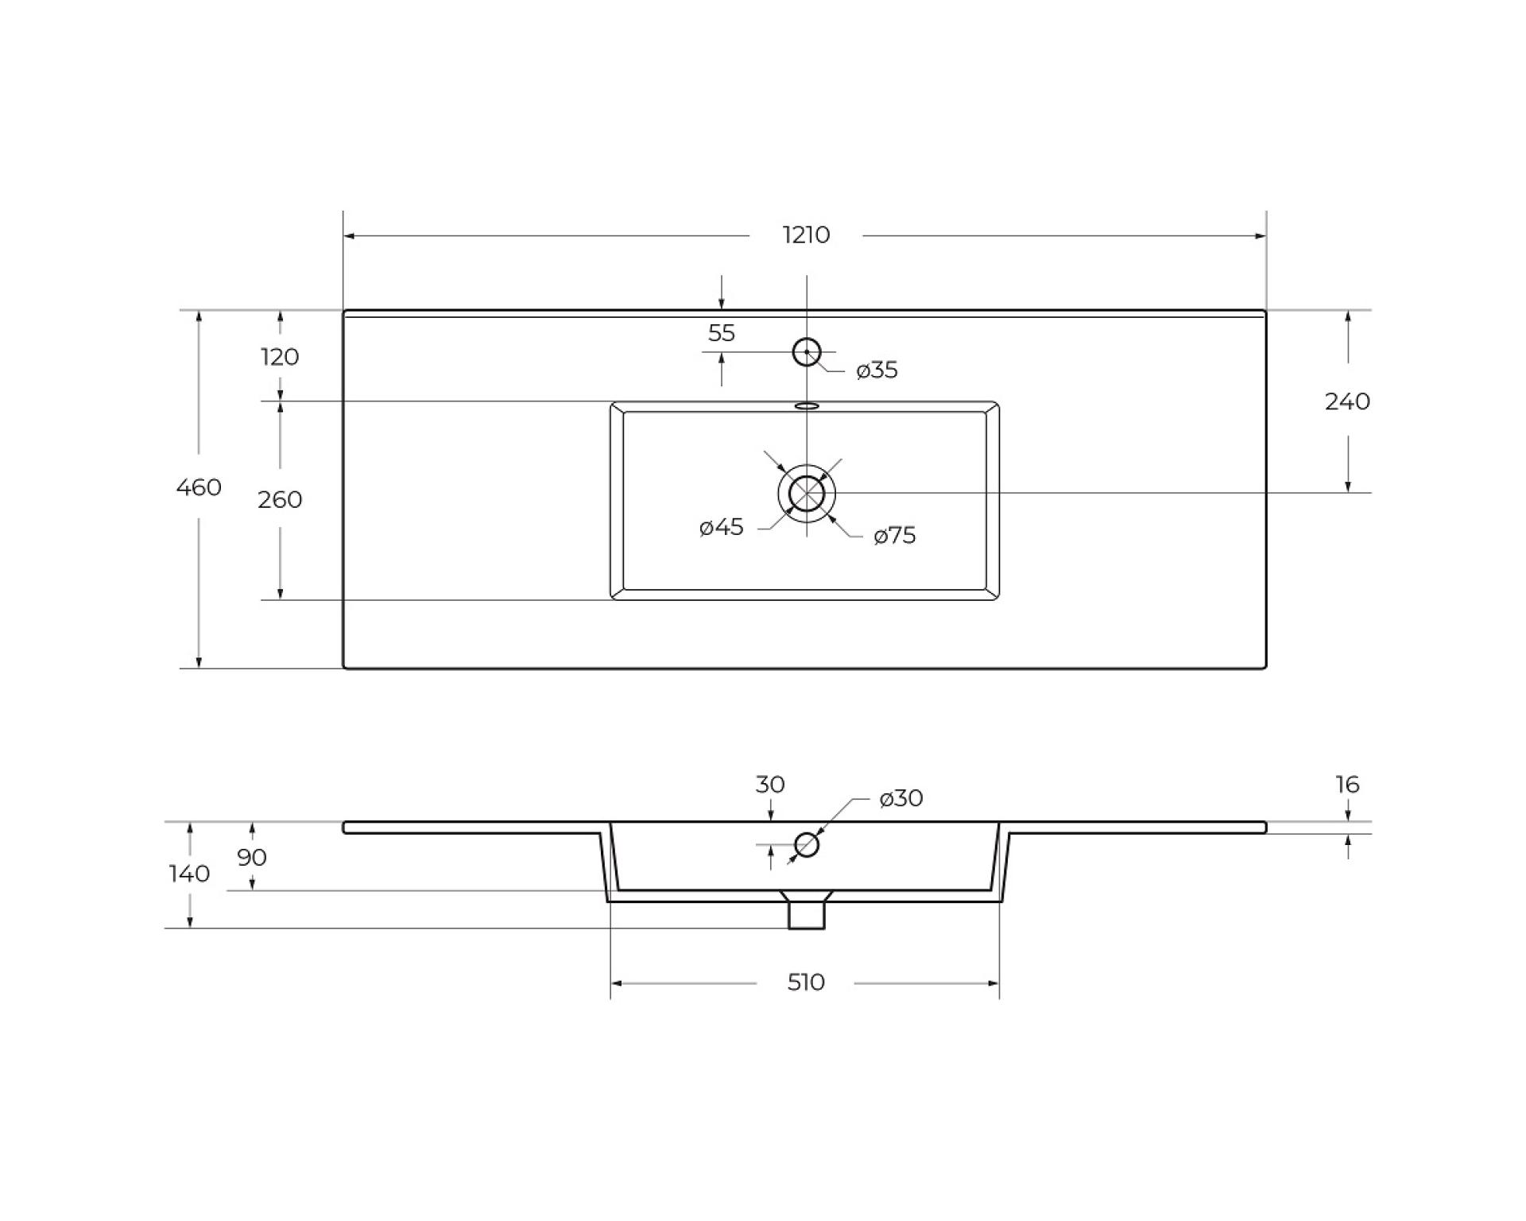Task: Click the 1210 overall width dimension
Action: coord(806,235)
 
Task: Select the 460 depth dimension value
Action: coord(199,486)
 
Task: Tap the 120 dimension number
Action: coord(280,357)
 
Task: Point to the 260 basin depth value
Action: coord(280,499)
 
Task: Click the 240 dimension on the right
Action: coord(1347,401)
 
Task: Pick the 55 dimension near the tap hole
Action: coord(722,333)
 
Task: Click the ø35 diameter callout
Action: coord(877,370)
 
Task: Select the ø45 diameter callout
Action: coord(722,526)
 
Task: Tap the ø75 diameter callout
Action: coord(895,535)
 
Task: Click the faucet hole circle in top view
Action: coord(807,339)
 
